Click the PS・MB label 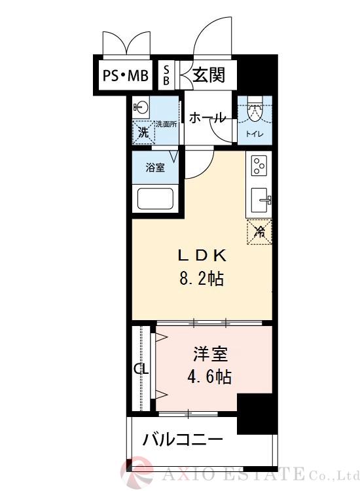[125, 77]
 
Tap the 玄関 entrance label [208, 75]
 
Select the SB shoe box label [166, 75]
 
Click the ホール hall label [207, 118]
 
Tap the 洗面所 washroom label [166, 124]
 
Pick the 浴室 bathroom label [154, 168]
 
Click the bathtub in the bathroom [154, 198]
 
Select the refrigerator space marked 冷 [259, 231]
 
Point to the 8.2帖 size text [201, 280]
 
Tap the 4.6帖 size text [209, 378]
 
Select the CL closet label [141, 369]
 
